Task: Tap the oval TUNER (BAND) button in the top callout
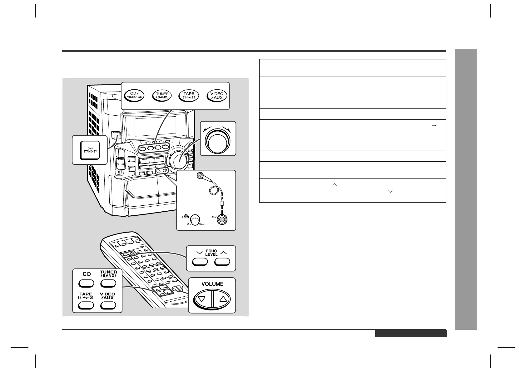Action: pos(162,95)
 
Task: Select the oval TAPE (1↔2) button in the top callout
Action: pos(189,95)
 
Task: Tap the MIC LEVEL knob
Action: pos(196,219)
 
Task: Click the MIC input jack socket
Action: pos(221,219)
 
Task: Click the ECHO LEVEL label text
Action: pos(211,253)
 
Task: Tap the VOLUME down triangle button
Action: pos(202,299)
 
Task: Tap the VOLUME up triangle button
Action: pos(222,299)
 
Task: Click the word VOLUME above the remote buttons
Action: pos(212,284)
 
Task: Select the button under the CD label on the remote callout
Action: pos(86,283)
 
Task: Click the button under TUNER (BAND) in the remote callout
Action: pos(108,283)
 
